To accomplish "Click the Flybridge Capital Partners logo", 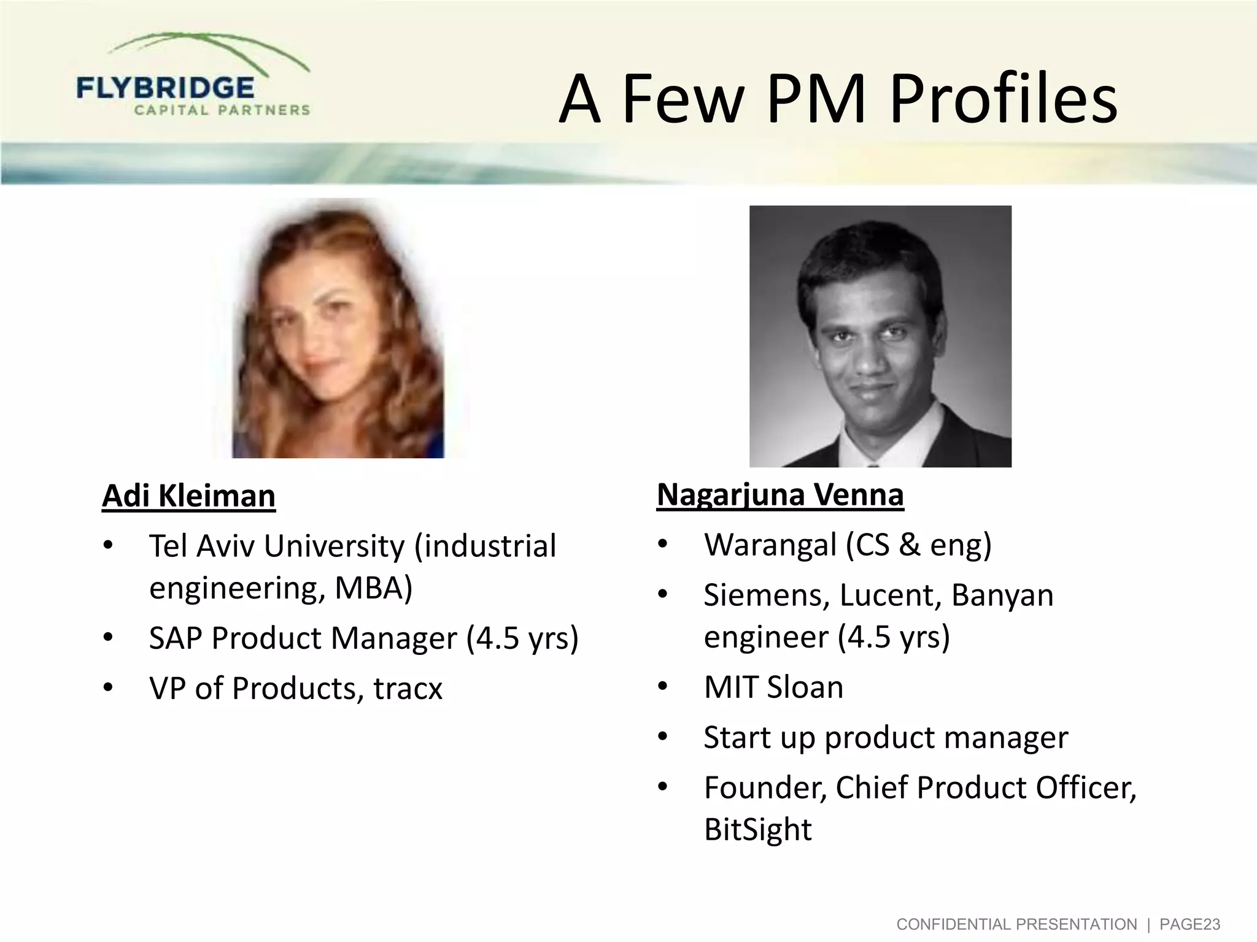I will click(193, 77).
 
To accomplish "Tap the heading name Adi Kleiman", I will click(188, 496).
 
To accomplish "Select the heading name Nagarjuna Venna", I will click(780, 495).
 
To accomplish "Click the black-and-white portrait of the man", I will click(880, 336).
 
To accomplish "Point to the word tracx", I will click(408, 688).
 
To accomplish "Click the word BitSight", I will click(757, 830).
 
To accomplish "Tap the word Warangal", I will click(770, 545).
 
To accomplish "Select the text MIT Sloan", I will click(773, 687).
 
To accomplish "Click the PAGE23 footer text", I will click(1189, 924).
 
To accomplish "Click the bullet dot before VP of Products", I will click(108, 687).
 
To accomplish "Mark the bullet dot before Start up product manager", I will click(662, 737).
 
